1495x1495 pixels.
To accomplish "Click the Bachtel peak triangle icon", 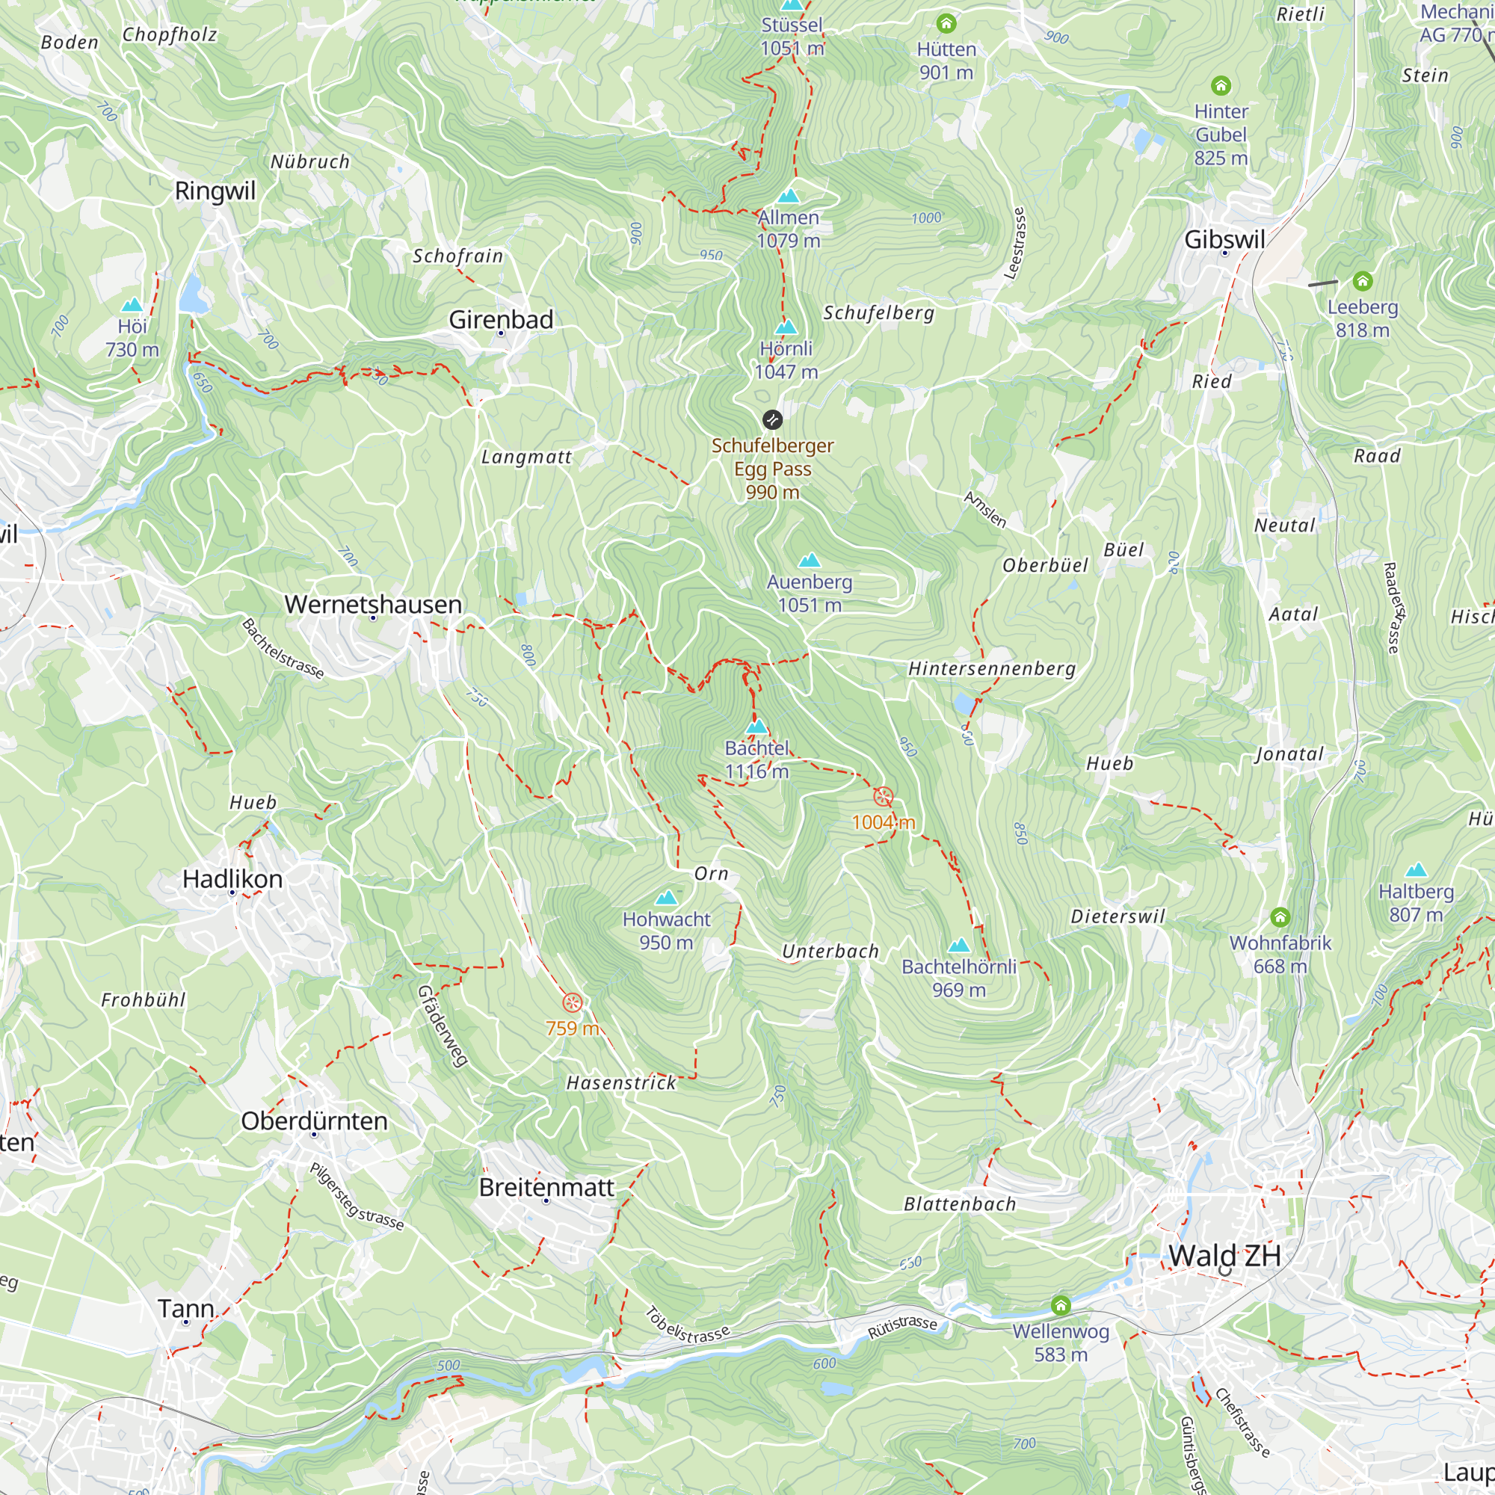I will point(756,727).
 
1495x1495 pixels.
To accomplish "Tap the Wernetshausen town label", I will point(373,604).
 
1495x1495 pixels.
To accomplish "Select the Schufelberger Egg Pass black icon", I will point(772,420).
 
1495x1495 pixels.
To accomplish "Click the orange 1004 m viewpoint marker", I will point(883,796).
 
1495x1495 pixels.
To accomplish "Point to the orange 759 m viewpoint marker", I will point(572,1003).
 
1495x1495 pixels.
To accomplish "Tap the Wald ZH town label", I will point(1224,1255).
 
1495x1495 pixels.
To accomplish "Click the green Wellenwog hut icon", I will point(1061,1305).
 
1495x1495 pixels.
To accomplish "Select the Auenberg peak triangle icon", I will point(810,560).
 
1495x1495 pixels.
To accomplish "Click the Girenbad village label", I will point(501,320).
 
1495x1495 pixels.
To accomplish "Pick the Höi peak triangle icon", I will point(132,305).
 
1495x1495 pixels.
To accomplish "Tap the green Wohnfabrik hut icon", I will point(1280,918).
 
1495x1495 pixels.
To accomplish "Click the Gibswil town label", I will point(1224,240).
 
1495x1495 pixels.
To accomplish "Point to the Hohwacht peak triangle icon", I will point(666,898).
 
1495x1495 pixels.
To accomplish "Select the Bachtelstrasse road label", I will point(283,648).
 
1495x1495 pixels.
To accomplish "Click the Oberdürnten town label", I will point(314,1121).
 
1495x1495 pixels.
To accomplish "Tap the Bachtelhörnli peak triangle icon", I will point(959,945).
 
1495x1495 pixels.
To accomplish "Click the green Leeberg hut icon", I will point(1363,281).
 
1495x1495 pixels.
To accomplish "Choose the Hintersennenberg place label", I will point(991,668).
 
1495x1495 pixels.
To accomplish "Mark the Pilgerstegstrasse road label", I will point(357,1196).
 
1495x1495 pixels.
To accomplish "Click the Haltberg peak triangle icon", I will point(1416,870).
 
